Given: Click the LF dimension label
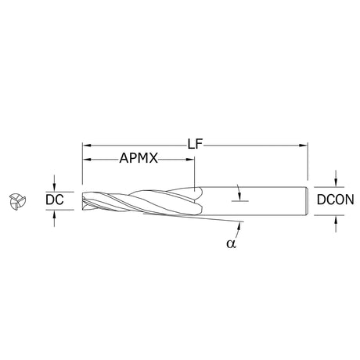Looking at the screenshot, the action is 195,144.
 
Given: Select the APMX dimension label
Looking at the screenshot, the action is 139,158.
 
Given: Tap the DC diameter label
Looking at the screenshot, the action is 55,200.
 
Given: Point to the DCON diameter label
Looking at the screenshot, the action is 336,200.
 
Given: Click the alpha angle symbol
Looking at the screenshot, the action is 231,244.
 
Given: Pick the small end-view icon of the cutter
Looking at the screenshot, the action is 17,201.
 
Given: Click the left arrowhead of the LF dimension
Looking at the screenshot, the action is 86,146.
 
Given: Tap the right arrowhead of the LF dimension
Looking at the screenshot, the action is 304,146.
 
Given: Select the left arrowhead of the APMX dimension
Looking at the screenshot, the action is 86,159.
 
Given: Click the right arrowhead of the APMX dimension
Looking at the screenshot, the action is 190,159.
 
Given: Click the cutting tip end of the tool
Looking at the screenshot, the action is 83,201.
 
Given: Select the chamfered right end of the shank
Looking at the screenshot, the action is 307,201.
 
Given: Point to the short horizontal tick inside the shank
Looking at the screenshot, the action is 240,201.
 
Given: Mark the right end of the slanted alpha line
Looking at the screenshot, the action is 243,221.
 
